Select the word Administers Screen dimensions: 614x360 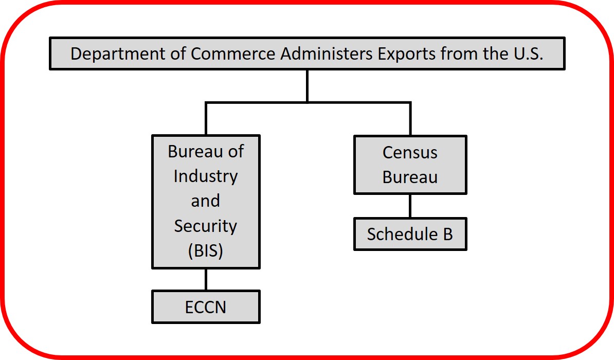click(326, 53)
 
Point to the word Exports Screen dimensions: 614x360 click(406, 54)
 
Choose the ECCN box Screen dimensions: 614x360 click(206, 307)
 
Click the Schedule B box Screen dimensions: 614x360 click(410, 234)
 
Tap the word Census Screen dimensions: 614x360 click(410, 152)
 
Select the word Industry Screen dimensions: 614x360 click(206, 177)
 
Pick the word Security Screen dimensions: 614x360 click(206, 226)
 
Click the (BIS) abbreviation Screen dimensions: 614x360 click(206, 250)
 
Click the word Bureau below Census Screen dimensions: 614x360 click(410, 177)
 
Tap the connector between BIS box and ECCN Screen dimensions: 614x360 click(206, 279)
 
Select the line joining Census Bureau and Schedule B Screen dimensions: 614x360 click(410, 206)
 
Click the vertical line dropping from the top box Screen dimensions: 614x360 click(308, 86)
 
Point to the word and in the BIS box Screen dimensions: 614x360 click(206, 201)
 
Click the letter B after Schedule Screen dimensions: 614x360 click(447, 234)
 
